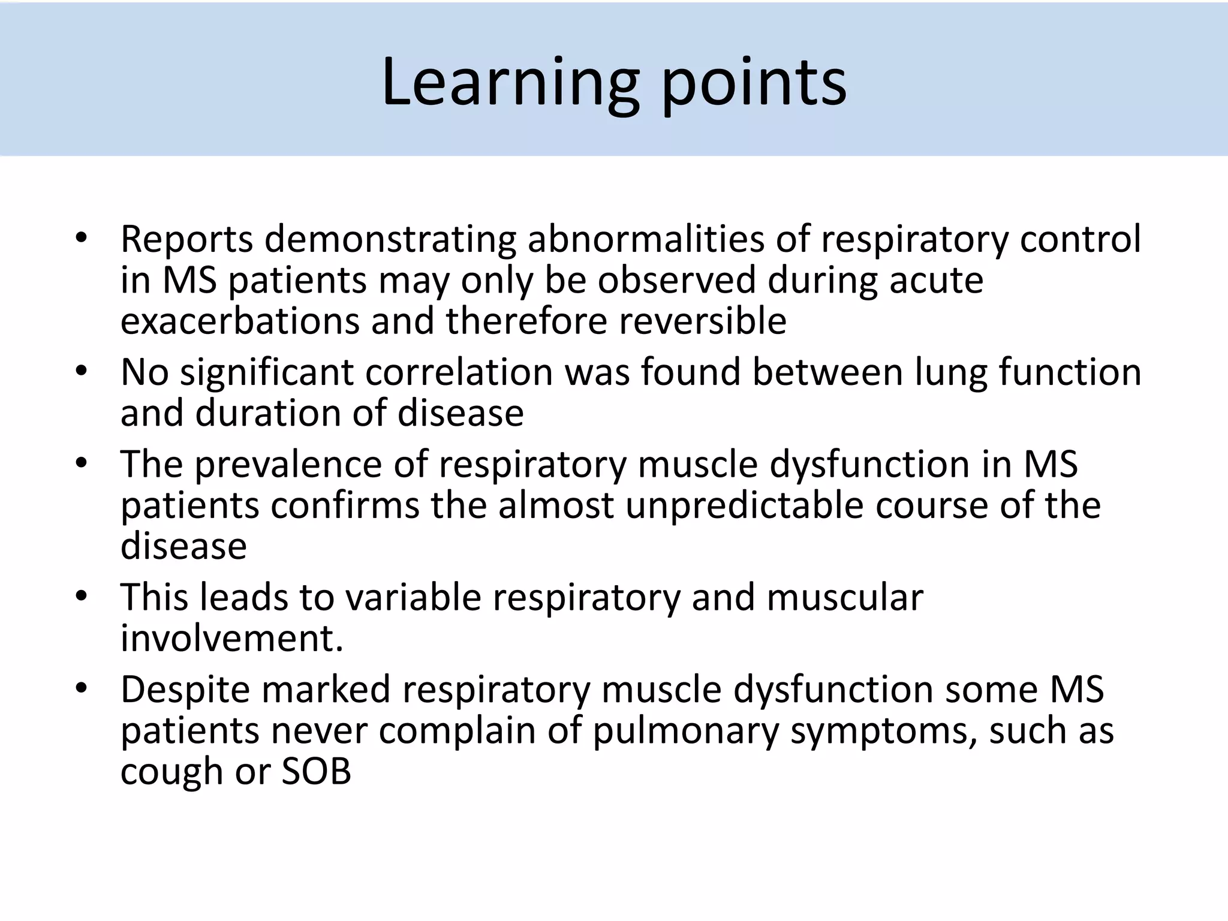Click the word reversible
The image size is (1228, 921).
tap(703, 321)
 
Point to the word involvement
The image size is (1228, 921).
tap(231, 639)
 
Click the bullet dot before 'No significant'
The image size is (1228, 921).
tap(82, 371)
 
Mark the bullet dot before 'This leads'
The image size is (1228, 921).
tap(82, 597)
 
